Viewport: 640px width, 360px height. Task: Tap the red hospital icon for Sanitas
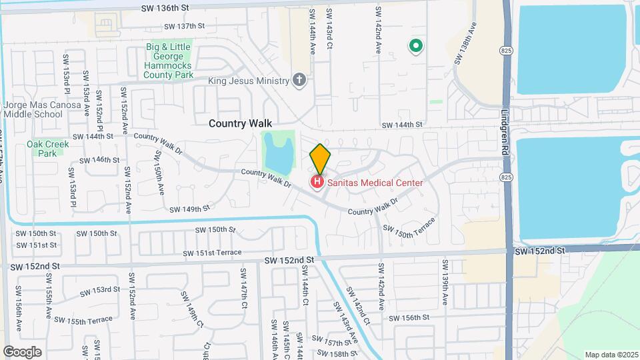pos(317,181)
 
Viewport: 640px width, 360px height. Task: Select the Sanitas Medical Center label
pos(374,181)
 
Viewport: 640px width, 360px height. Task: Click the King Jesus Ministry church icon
pos(299,81)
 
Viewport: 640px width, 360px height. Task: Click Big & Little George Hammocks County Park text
pos(169,61)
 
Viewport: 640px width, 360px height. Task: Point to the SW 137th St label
pos(183,26)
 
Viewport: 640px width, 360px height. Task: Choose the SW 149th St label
pos(189,209)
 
